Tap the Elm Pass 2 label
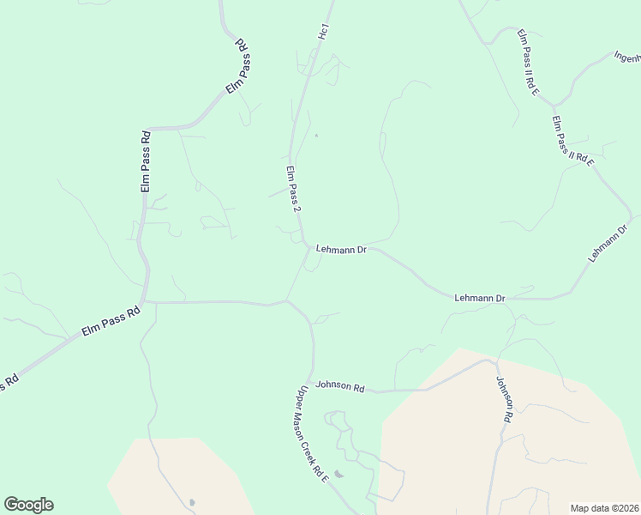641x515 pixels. pyautogui.click(x=293, y=190)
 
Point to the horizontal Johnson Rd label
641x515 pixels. pyautogui.click(x=339, y=386)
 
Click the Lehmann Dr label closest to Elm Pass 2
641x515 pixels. pyautogui.click(x=341, y=250)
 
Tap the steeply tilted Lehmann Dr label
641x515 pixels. pyautogui.click(x=608, y=243)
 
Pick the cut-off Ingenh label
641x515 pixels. pyautogui.click(x=627, y=57)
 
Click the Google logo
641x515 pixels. pyautogui.click(x=28, y=505)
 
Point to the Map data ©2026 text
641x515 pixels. pyautogui.click(x=604, y=508)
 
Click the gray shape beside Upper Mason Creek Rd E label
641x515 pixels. pyautogui.click(x=340, y=473)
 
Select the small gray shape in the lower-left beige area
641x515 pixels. pyautogui.click(x=191, y=502)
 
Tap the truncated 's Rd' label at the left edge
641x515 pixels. pyautogui.click(x=9, y=382)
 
